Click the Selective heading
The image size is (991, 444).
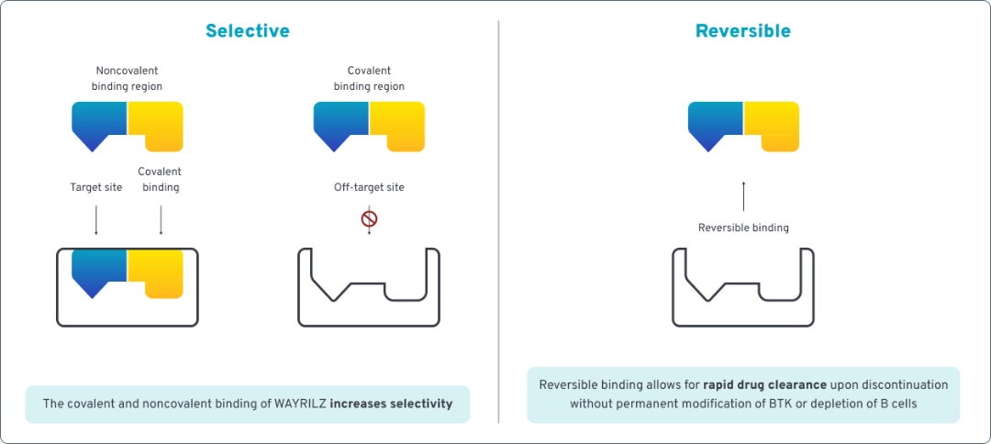(247, 31)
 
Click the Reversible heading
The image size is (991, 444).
(742, 31)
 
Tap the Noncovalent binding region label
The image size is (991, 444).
(128, 79)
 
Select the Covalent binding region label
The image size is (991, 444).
(369, 79)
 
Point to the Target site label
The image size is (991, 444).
(95, 188)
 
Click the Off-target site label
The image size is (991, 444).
(369, 188)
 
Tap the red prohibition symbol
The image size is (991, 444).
(370, 219)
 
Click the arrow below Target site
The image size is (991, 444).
(96, 219)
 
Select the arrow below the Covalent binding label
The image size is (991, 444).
(161, 219)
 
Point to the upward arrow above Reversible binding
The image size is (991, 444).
(743, 197)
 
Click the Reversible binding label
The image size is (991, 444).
(743, 228)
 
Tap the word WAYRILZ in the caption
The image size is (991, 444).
(300, 405)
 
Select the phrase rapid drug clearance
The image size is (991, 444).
(764, 385)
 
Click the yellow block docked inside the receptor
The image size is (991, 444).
(157, 271)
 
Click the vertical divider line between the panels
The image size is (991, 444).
(498, 220)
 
